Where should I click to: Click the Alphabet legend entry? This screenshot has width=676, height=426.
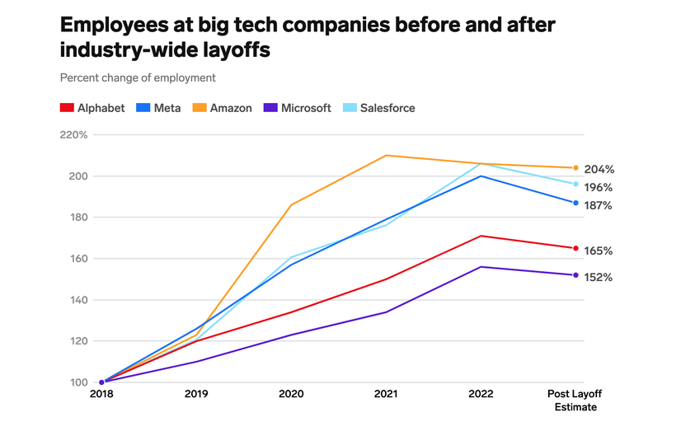coord(92,108)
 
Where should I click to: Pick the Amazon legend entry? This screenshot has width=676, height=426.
coord(223,108)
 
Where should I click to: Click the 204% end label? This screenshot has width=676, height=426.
coord(599,169)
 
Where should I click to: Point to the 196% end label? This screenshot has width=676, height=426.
coord(599,187)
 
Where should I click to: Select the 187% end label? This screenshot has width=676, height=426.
coord(599,205)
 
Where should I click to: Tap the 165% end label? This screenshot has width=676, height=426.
coord(599,250)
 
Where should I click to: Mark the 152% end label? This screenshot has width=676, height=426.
coord(599,278)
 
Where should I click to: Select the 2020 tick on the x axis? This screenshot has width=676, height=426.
coord(291,395)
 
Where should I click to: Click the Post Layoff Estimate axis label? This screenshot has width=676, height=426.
coord(575,400)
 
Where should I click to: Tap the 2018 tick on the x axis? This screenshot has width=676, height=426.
coord(101,395)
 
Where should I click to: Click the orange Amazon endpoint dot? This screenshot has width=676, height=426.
coord(575,168)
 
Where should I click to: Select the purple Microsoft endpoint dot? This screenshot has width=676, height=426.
coord(575,275)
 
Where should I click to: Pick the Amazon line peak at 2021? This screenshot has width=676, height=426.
coord(386,155)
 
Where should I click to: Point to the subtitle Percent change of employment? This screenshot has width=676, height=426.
coord(138,77)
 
